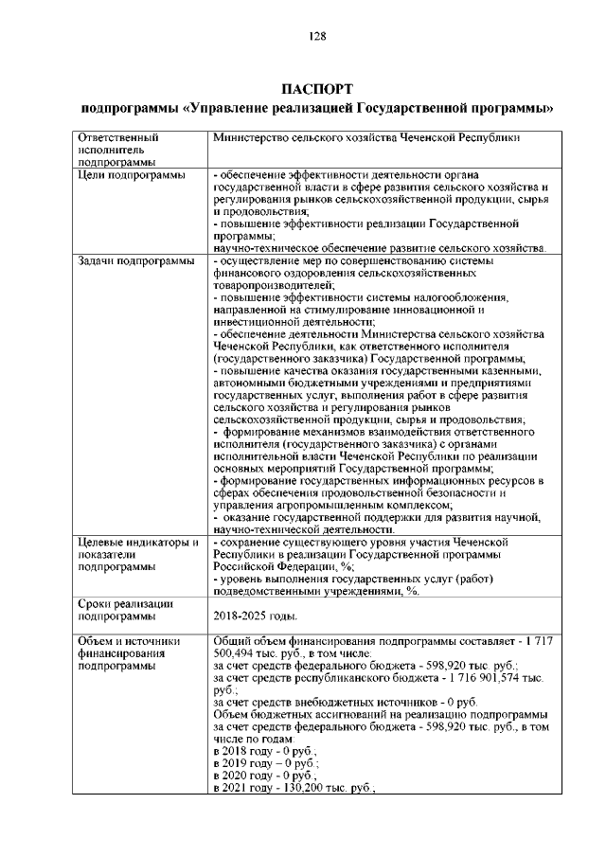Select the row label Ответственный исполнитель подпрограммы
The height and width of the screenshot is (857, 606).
(x=117, y=150)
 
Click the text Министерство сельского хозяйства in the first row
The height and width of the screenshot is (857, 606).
(x=313, y=137)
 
